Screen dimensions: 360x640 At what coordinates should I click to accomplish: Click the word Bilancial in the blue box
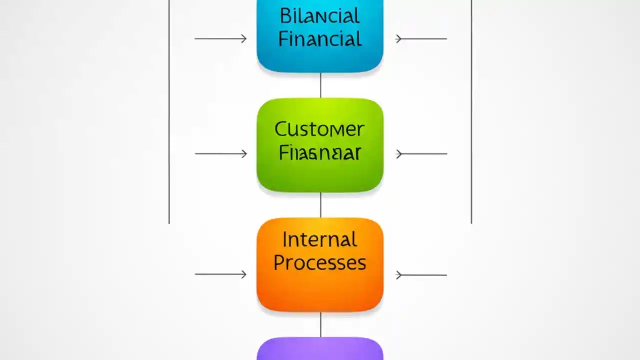point(319,16)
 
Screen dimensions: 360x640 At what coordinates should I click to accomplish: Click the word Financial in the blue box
point(319,39)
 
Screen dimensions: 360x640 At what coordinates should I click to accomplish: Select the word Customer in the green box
point(319,130)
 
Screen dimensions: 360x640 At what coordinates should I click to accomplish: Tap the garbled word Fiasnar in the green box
point(319,153)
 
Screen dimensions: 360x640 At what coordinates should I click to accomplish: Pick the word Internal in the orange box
point(319,240)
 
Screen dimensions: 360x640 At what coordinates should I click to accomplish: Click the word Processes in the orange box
point(319,263)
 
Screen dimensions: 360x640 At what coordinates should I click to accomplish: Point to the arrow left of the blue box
point(220,38)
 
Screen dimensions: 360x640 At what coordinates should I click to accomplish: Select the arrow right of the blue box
point(421,38)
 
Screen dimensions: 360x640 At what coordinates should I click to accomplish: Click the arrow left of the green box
point(220,154)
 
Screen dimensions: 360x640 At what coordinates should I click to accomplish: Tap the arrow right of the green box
point(421,154)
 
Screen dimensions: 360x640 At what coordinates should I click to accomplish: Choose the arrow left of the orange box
point(220,274)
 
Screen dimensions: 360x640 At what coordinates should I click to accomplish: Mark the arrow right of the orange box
point(421,274)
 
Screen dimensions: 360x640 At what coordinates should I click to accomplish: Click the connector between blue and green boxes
point(320,85)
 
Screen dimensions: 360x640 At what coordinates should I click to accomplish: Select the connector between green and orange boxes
point(320,205)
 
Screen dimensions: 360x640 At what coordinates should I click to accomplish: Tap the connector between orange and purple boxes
point(320,324)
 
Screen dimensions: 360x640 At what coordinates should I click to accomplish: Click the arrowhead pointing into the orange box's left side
point(243,274)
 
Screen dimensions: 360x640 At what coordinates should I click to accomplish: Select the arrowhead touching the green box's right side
point(399,154)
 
